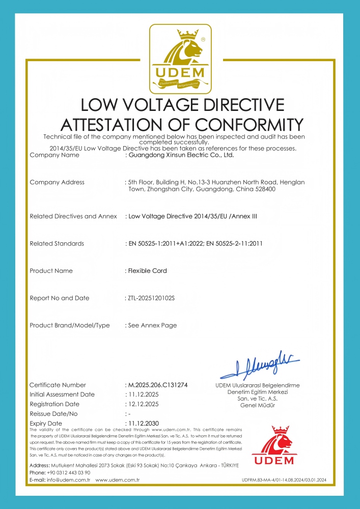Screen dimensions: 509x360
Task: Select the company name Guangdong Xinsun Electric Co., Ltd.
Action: pos(181,155)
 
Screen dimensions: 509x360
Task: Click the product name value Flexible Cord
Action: pos(148,271)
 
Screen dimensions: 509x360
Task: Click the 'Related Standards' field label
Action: pos(57,243)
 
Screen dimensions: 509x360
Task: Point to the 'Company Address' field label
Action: pos(57,182)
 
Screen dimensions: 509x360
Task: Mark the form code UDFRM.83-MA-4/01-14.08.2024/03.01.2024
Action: pos(284,480)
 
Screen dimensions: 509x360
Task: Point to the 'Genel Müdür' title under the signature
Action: pos(257,405)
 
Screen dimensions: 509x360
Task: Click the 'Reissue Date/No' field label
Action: pos(54,414)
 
